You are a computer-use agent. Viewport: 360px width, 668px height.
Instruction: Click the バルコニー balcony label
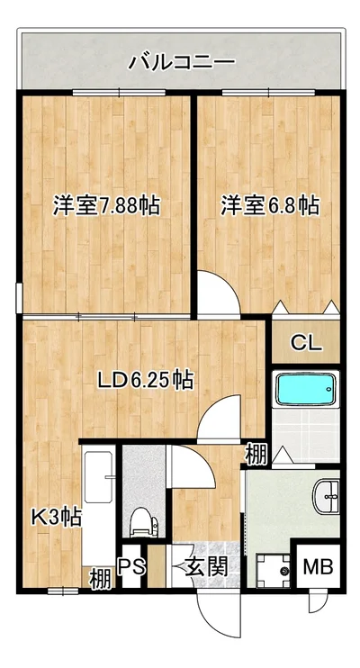click(182, 63)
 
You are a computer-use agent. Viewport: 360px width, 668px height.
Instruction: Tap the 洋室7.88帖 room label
click(106, 207)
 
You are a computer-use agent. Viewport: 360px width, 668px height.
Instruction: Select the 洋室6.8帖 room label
click(270, 207)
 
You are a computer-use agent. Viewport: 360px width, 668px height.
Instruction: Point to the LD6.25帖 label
click(146, 381)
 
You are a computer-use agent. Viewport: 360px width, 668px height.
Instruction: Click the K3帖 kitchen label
click(58, 518)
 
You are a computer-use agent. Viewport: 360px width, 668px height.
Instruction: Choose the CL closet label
click(306, 342)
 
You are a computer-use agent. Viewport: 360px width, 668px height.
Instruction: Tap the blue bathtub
click(306, 390)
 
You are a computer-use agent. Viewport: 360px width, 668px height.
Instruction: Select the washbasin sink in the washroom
click(327, 496)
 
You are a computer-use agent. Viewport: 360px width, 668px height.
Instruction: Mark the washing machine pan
click(273, 571)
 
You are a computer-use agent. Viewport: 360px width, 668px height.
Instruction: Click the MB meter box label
click(318, 567)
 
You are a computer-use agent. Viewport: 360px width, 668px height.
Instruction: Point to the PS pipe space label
click(131, 567)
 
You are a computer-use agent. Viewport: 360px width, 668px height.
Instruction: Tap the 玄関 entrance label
click(207, 567)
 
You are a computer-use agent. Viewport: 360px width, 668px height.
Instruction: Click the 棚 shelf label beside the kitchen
click(100, 579)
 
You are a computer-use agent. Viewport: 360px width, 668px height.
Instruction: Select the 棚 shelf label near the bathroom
click(256, 455)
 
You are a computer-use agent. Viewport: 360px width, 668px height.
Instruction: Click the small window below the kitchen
click(63, 591)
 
